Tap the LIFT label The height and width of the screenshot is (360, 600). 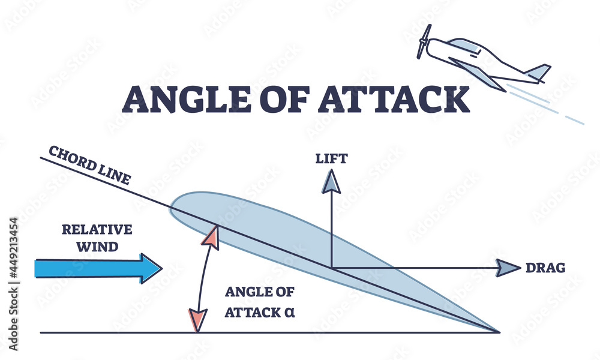(x=331, y=159)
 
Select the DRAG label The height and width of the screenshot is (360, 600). (x=545, y=268)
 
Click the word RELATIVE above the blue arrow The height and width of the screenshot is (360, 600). (x=97, y=229)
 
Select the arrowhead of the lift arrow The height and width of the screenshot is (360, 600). (x=331, y=181)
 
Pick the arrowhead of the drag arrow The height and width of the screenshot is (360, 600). (x=507, y=268)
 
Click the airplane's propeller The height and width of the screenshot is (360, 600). (x=424, y=41)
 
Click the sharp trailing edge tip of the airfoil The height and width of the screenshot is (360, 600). (x=497, y=331)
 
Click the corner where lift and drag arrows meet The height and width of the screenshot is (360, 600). (x=331, y=268)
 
